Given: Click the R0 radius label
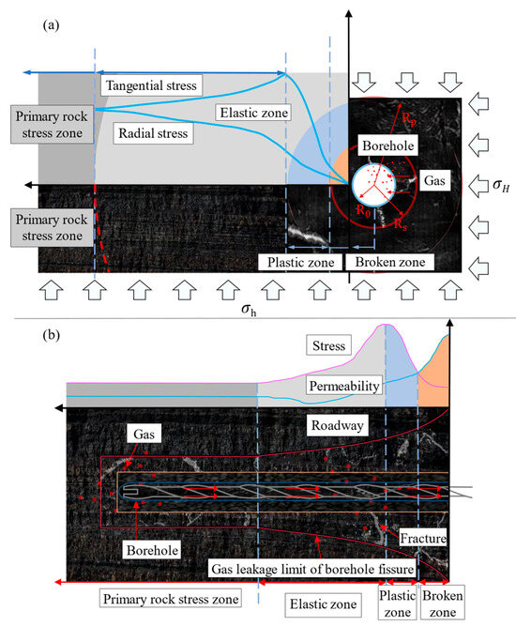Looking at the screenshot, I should pos(363,212).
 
